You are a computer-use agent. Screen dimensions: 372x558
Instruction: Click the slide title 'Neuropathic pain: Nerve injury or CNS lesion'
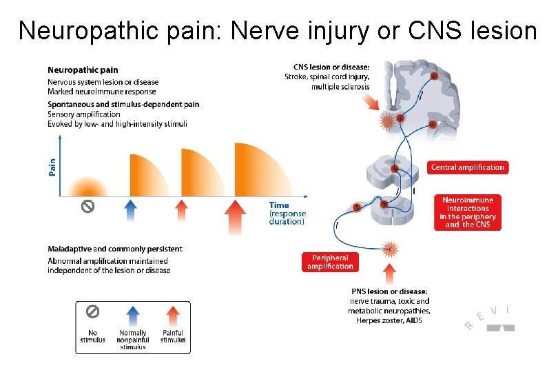(278, 30)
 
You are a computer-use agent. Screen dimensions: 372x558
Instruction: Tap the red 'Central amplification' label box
(468, 167)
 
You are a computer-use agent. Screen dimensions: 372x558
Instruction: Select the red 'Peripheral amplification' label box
(330, 262)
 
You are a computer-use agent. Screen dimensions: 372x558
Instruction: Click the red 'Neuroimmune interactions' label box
(468, 212)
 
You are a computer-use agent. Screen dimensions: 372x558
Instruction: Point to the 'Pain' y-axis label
(53, 167)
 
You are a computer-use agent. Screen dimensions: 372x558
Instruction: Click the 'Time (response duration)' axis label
(286, 214)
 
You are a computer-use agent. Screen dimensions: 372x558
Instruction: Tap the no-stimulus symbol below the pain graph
(87, 206)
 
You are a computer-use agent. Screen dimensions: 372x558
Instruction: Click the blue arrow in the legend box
(133, 318)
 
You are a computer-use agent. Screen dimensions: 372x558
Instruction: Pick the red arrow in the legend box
(173, 318)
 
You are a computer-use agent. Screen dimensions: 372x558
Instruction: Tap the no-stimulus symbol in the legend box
(92, 312)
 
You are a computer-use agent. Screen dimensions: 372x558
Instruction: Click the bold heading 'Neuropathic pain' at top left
(83, 70)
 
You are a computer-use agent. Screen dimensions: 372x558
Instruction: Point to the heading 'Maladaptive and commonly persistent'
(115, 249)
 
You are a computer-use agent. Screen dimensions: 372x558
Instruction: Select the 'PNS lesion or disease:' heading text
(389, 291)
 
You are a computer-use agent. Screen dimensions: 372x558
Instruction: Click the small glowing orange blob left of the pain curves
(87, 187)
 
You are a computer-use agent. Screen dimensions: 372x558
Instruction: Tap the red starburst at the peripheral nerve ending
(390, 248)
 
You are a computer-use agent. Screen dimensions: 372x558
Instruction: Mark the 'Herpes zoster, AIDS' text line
(389, 320)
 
